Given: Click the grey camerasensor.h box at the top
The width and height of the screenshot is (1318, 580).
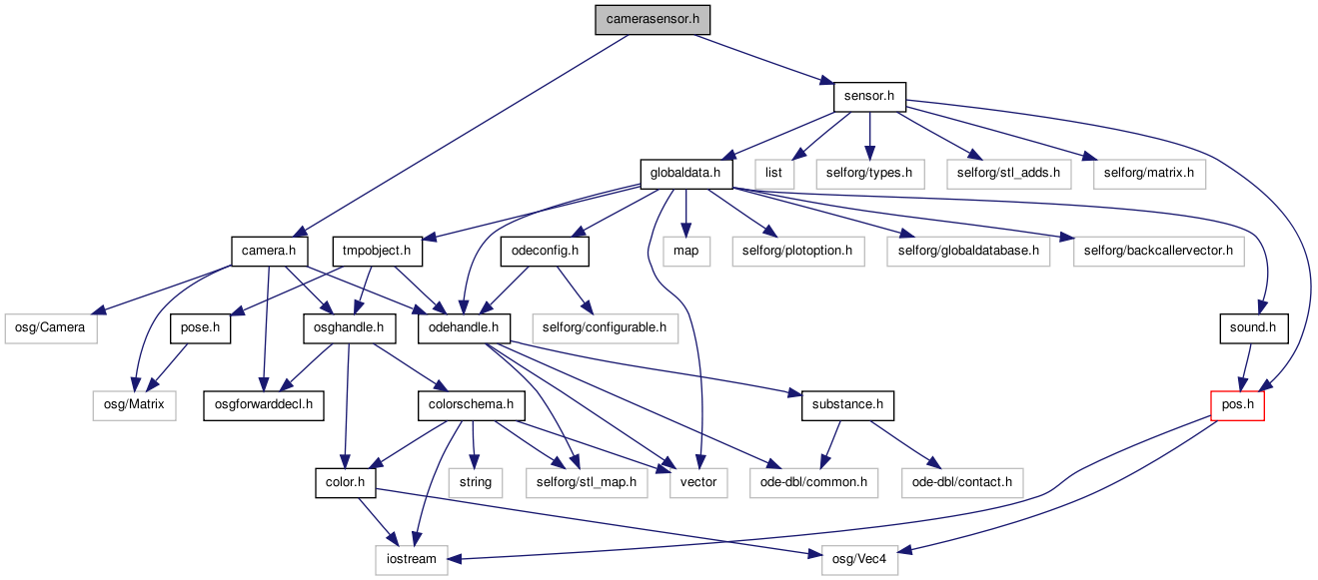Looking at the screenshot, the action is (x=653, y=19).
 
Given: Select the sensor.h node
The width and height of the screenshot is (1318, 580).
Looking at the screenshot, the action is (x=869, y=97).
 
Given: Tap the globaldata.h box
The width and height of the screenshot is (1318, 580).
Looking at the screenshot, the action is (x=686, y=174).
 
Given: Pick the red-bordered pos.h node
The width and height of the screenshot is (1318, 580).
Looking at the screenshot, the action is (x=1237, y=405).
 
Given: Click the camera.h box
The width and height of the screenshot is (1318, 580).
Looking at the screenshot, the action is (x=269, y=251).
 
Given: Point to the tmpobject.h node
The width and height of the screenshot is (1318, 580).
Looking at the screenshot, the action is (x=377, y=251).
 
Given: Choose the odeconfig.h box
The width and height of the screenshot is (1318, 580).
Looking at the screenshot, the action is (x=545, y=251).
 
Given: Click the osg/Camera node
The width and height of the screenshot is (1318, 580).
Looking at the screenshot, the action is (x=51, y=328).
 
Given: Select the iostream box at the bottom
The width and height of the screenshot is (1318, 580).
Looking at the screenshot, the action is (x=412, y=560).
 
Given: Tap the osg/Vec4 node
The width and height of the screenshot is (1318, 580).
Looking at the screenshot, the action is (x=859, y=560).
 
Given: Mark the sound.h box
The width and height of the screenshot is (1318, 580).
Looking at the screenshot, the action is (x=1254, y=328).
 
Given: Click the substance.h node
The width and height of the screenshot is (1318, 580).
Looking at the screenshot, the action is (x=847, y=405).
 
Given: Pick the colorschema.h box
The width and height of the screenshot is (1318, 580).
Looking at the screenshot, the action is (x=472, y=405).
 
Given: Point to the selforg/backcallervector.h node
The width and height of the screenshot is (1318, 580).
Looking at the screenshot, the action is (x=1158, y=251).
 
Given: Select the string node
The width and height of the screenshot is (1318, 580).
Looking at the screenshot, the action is (x=476, y=483).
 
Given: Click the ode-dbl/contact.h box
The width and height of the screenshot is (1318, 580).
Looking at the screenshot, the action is (x=962, y=483).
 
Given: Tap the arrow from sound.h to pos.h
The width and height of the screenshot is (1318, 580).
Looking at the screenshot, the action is (x=1246, y=367).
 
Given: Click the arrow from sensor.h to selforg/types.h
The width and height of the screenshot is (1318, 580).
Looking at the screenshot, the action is (x=869, y=136).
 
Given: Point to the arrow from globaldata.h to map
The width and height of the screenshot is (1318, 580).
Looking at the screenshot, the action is (x=686, y=214).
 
